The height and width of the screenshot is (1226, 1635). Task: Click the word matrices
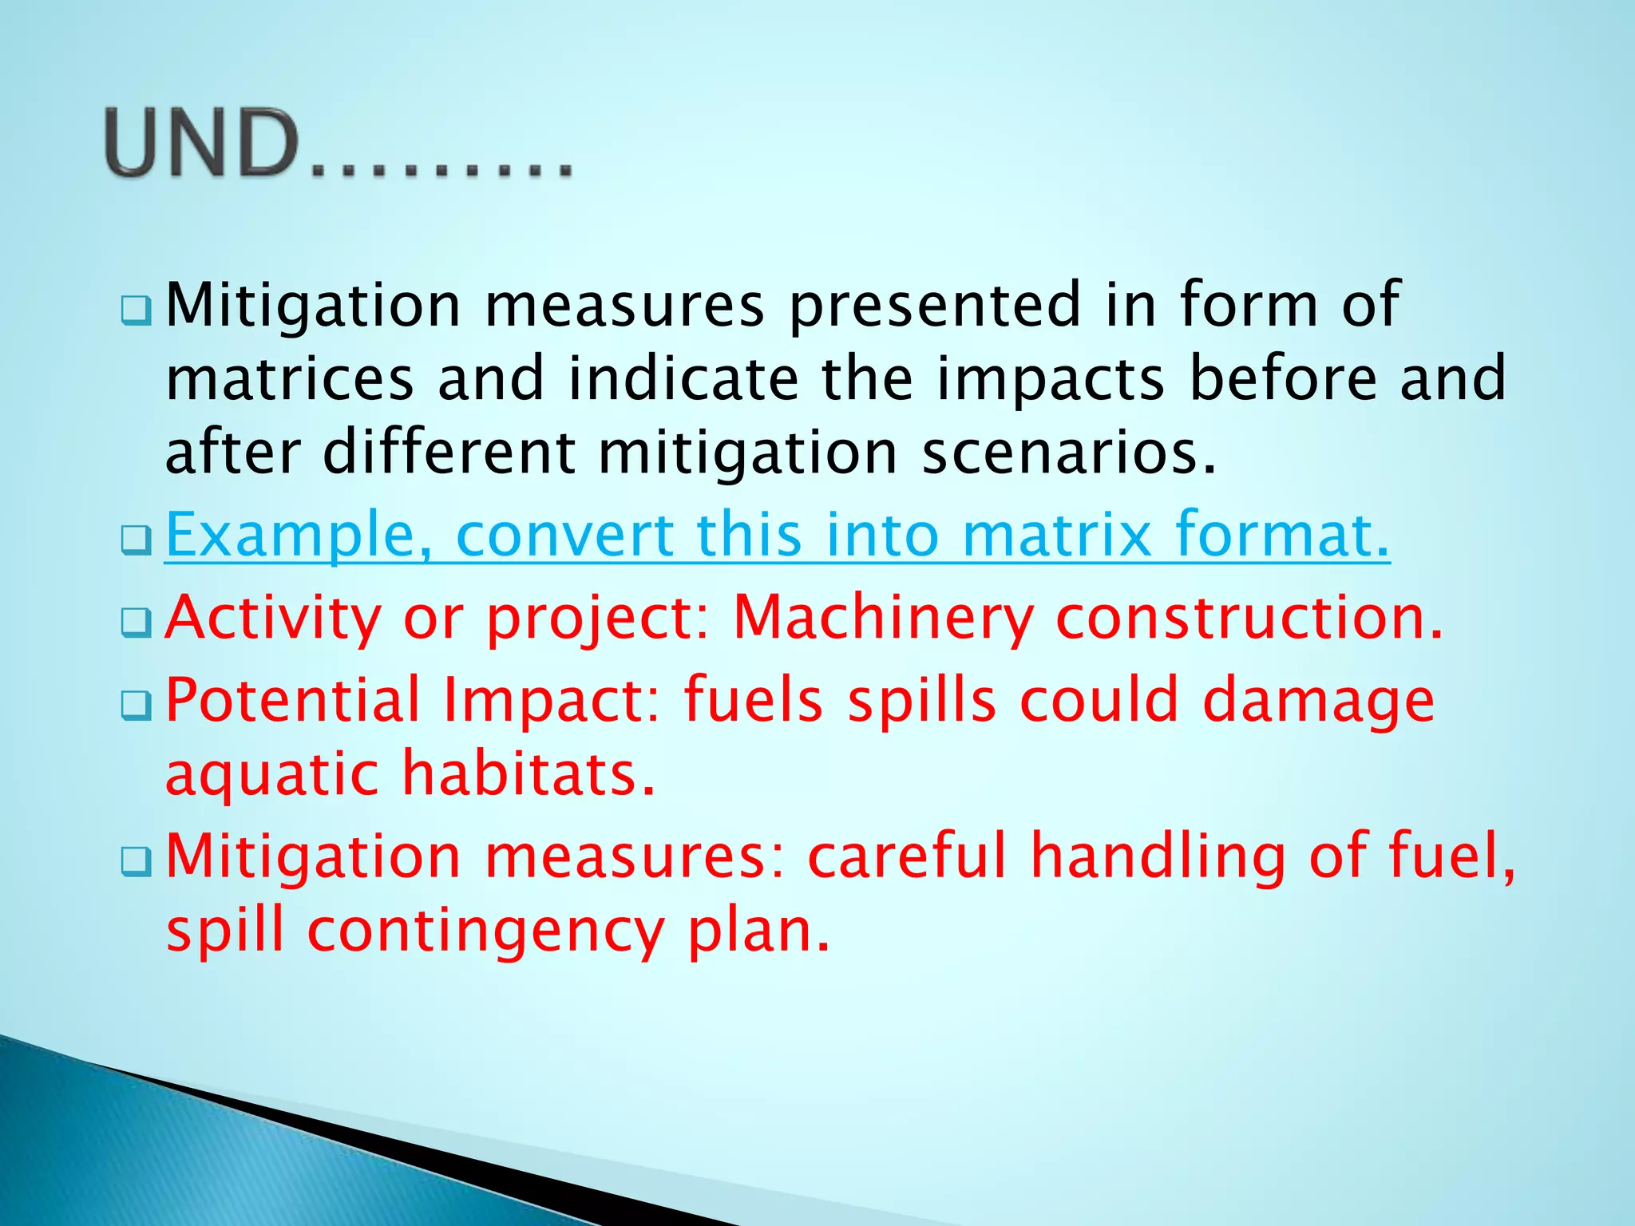[x=290, y=379]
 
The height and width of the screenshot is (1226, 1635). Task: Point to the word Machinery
[x=882, y=618]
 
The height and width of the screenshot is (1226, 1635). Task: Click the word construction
[x=1249, y=618]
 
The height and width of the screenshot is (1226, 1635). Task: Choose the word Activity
[x=272, y=618]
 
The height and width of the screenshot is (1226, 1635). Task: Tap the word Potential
[x=292, y=700]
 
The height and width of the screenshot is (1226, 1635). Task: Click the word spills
[x=920, y=700]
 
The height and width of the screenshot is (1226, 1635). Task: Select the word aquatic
[x=271, y=774]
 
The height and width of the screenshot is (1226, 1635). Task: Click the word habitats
[x=528, y=774]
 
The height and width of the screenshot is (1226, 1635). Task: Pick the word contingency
[x=485, y=931]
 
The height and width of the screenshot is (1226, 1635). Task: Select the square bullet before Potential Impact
[x=136, y=706]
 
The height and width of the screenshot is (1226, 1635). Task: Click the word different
[x=449, y=453]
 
